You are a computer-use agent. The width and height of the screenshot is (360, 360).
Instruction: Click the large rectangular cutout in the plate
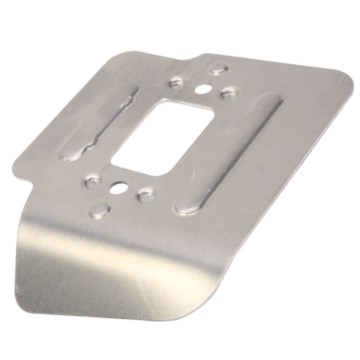162,134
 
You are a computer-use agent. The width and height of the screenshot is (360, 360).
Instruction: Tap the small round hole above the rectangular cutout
202,89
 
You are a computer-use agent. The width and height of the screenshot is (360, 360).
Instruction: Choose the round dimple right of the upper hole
228,93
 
